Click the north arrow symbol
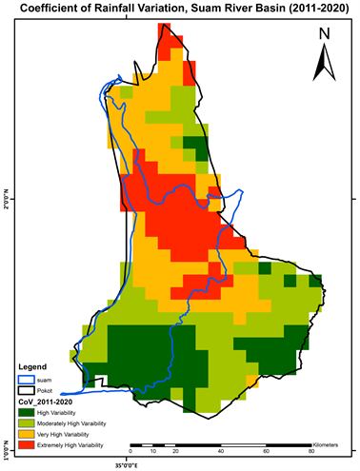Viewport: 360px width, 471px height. (x=324, y=64)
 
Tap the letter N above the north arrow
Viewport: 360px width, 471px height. (x=324, y=35)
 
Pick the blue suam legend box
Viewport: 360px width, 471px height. (x=27, y=378)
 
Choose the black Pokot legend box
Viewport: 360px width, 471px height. (x=27, y=390)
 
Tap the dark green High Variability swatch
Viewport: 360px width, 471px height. (x=27, y=412)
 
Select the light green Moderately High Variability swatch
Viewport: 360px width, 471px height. (x=27, y=422)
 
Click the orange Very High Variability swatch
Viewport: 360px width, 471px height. (x=27, y=433)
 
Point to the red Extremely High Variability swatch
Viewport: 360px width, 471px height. (x=27, y=444)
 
